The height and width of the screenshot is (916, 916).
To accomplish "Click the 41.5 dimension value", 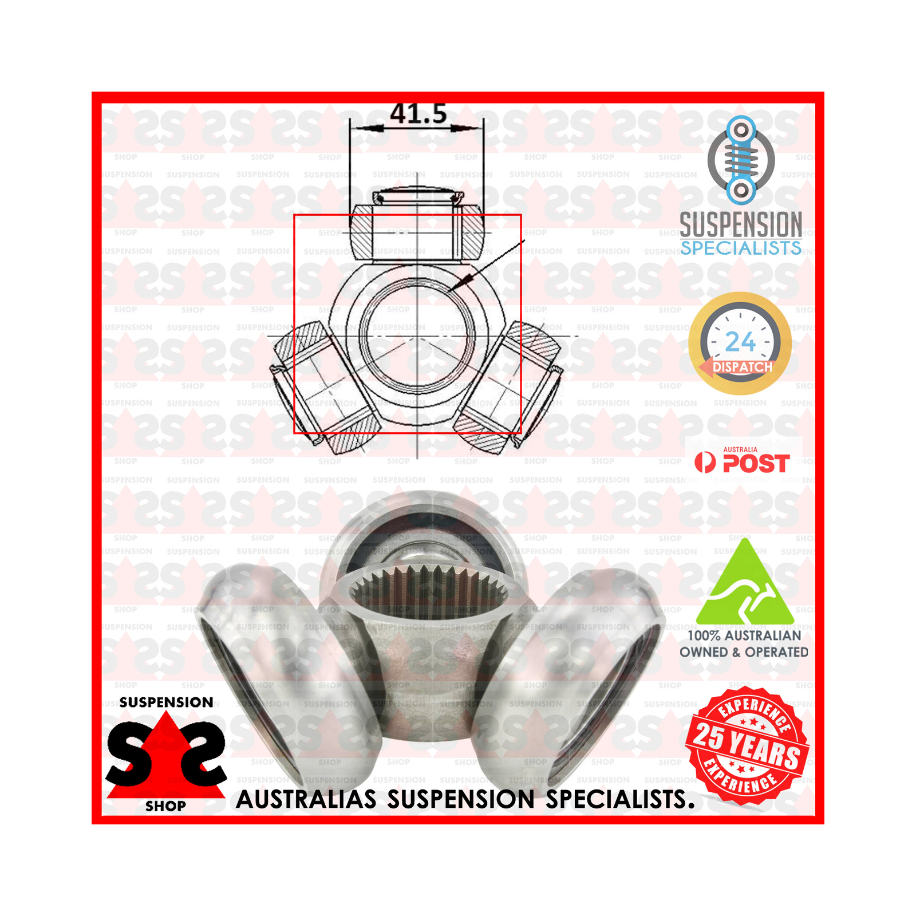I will (x=418, y=113).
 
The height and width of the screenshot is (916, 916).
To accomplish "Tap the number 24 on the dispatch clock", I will (x=740, y=342).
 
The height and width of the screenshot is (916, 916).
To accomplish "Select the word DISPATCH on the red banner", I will (x=743, y=367).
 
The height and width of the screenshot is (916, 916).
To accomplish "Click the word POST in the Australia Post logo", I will (x=756, y=463).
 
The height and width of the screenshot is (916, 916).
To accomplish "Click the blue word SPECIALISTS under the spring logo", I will (x=741, y=248).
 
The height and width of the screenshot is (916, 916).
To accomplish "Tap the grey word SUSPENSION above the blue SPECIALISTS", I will (x=741, y=224).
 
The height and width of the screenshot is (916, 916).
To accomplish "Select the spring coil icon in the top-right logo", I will (x=741, y=160).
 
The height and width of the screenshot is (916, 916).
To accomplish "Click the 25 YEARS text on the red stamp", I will (x=747, y=745).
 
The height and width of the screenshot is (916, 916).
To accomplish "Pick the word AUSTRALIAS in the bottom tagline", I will (x=306, y=799).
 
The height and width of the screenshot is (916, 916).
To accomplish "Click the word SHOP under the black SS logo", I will (x=165, y=806).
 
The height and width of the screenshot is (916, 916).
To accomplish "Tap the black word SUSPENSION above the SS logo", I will (x=166, y=702).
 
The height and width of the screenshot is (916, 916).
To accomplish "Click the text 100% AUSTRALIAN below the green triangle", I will (x=744, y=635).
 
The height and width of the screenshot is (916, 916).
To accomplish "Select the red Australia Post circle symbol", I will (x=705, y=463).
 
